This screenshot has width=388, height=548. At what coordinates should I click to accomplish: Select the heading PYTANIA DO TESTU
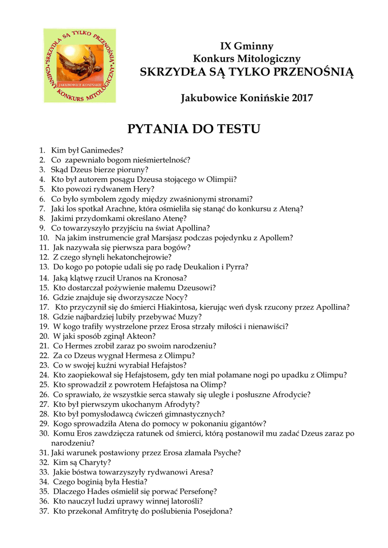pyautogui.click(x=194, y=129)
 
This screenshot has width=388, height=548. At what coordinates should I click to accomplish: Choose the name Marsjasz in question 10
pyautogui.click(x=181, y=238)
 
